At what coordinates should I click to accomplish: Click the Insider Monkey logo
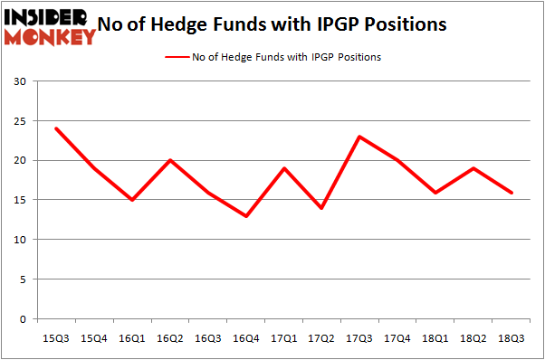pos(51,26)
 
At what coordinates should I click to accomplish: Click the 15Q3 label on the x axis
pos(56,337)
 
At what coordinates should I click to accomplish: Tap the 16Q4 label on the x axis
pos(246,337)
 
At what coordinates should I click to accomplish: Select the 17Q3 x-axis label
pos(360,337)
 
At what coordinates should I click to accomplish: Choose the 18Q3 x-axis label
pos(512,337)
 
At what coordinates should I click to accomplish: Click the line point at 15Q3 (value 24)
pos(56,128)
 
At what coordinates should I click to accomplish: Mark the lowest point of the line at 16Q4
pos(246,216)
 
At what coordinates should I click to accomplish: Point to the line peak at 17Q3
pos(360,137)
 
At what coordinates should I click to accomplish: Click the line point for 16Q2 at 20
pos(170,160)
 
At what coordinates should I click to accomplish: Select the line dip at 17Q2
pos(322,208)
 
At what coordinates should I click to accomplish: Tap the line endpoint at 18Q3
pos(512,192)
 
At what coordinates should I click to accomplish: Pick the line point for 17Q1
pos(284,168)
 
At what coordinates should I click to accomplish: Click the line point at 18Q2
pos(474,168)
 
